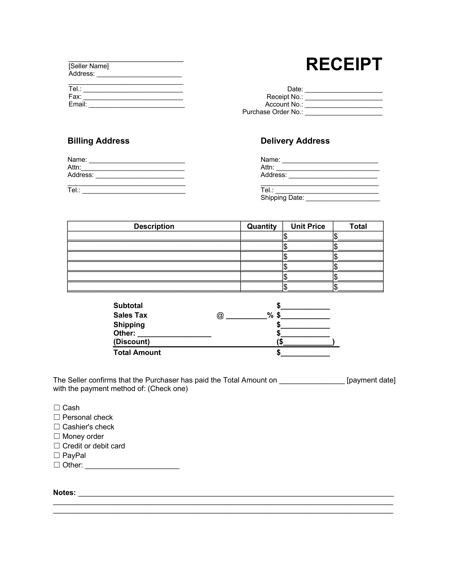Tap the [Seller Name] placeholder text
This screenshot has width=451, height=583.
(88, 66)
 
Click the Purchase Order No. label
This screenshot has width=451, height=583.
(272, 112)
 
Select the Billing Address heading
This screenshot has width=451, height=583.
(98, 141)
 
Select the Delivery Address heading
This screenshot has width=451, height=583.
(295, 141)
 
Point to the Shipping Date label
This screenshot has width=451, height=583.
(282, 197)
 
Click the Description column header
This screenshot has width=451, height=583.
(154, 226)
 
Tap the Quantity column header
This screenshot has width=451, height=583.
(262, 226)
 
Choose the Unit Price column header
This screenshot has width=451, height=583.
(308, 226)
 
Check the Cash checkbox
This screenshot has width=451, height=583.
(57, 407)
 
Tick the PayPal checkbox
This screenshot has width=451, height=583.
(57, 455)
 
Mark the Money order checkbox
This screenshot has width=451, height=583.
(57, 436)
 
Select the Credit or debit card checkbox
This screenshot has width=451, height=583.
(57, 445)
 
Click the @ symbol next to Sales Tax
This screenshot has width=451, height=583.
(220, 316)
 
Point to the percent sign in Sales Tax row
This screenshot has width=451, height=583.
(270, 315)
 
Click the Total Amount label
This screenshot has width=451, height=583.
(137, 352)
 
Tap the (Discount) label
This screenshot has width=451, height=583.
(131, 342)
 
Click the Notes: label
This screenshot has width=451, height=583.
(64, 493)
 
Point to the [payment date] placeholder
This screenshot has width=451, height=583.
(371, 380)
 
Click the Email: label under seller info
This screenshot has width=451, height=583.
(77, 104)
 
